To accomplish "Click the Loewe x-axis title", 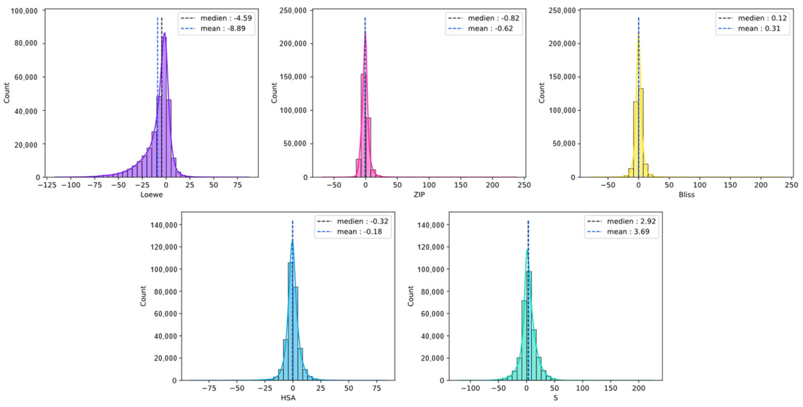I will click(152, 195).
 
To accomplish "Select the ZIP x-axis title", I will click(419, 195).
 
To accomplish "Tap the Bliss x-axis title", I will click(686, 195).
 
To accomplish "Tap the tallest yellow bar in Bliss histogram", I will click(641, 134).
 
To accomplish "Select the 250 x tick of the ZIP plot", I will click(524, 185).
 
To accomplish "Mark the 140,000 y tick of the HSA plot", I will click(164, 225).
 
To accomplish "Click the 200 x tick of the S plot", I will click(638, 388).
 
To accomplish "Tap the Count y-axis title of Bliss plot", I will click(542, 93).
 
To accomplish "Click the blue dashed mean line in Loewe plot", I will click(157, 62).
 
